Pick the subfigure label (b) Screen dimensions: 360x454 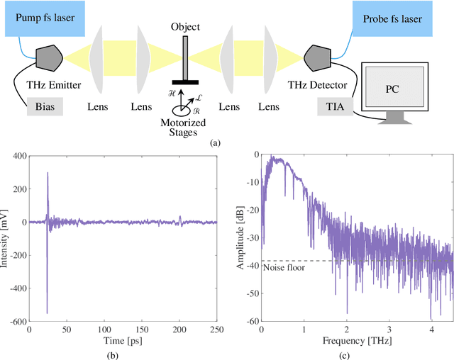(122, 354)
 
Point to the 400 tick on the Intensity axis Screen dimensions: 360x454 (16, 155)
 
